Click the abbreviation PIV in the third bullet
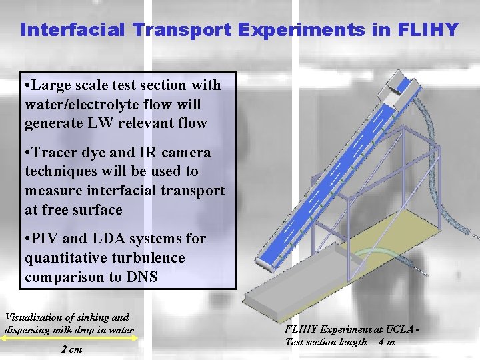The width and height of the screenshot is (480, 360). pos(47,239)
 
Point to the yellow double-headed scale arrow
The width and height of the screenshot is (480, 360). pos(66,339)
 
